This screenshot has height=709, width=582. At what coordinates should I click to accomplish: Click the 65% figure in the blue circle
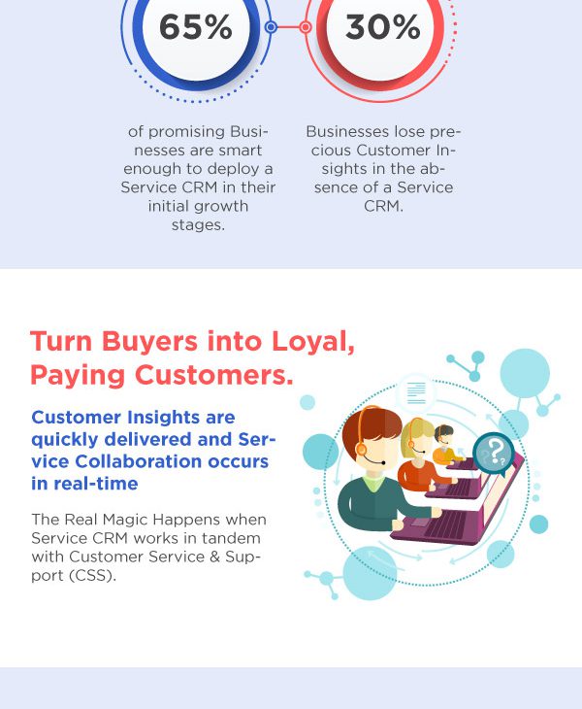[x=196, y=27]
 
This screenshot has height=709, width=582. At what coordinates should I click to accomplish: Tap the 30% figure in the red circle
[x=382, y=27]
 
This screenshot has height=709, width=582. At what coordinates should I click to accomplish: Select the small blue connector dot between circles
[x=271, y=27]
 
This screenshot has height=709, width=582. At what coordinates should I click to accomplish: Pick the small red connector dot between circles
[x=306, y=27]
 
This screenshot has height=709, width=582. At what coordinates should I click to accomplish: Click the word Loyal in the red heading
[x=313, y=341]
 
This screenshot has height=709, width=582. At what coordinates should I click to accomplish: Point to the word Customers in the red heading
[x=213, y=375]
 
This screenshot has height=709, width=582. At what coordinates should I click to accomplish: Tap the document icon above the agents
[x=416, y=392]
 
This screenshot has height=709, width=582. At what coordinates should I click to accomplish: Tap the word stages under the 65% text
[x=198, y=224]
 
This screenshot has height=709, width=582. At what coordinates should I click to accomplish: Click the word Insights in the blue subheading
[x=164, y=418]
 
